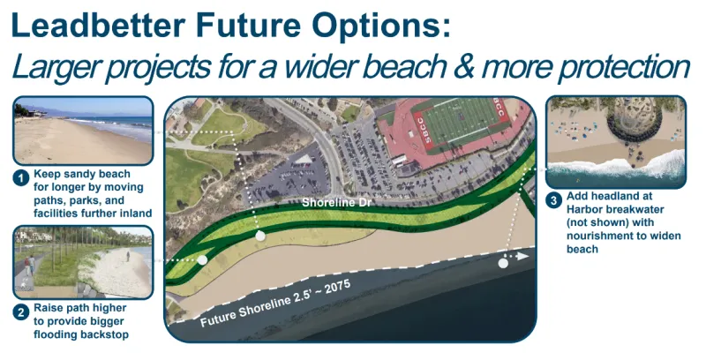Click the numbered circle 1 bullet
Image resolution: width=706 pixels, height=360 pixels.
tap(20, 178)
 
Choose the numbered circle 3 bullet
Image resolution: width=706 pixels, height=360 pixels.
tap(553, 200)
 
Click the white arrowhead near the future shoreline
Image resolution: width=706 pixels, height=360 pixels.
tap(523, 257)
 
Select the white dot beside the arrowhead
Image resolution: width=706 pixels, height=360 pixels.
tap(503, 262)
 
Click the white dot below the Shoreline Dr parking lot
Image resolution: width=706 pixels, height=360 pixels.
tap(259, 236)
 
